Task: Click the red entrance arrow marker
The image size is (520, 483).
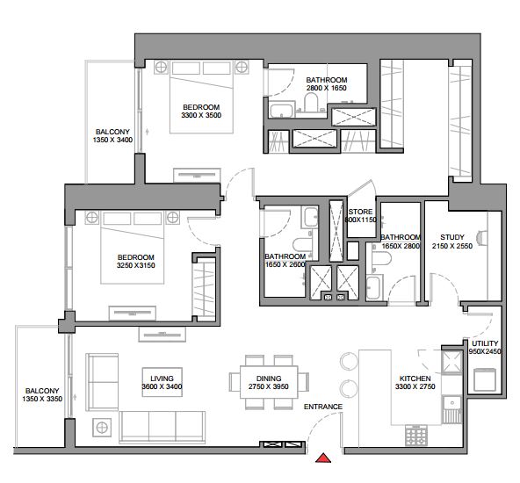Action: coord(323,458)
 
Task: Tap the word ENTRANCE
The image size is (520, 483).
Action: coord(323,407)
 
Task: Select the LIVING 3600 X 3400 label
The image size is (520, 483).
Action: coord(162,382)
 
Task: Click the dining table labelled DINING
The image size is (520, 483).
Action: coord(269,382)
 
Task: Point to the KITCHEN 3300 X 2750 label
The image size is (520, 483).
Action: coord(415,382)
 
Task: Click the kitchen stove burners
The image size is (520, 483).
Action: coord(416,436)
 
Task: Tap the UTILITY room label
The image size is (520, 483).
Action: coord(485,347)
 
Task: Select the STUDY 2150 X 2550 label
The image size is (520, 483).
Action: coord(452,241)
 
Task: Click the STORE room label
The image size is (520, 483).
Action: coord(361,215)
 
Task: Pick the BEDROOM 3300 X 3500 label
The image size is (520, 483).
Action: coord(201,111)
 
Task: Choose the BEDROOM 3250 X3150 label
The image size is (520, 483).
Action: coord(135,261)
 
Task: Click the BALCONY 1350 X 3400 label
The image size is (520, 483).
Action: coord(112,135)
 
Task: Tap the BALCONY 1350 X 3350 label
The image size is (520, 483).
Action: coord(42,395)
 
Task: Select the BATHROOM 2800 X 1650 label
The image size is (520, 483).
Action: coord(327,84)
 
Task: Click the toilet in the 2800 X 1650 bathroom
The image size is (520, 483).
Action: coord(311,102)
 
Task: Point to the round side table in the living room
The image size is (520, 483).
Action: coord(102,428)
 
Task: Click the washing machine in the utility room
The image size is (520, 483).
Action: coord(485,380)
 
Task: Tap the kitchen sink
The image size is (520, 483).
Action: coord(451,409)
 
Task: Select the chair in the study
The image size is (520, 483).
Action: coord(480,238)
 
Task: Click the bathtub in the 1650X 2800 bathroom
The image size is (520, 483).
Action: coord(374,287)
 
